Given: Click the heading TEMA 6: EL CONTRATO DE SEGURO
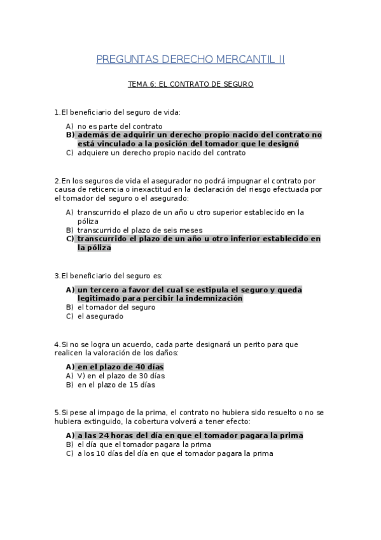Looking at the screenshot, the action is click(x=190, y=83).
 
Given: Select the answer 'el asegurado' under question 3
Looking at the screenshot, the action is click(x=100, y=316).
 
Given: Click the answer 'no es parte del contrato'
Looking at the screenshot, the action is click(x=120, y=126).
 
